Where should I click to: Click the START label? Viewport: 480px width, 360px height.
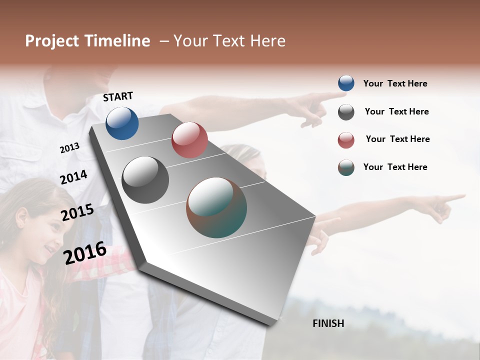(118, 96)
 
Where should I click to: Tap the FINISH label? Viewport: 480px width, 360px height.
(328, 323)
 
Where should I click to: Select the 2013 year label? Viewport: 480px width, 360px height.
(69, 148)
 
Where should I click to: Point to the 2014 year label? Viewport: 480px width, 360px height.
(73, 177)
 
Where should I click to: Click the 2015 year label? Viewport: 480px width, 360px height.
(77, 212)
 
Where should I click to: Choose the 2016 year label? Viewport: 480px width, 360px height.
(85, 253)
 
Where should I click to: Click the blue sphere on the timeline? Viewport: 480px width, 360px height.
(122, 123)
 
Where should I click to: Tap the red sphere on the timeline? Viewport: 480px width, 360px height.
(189, 140)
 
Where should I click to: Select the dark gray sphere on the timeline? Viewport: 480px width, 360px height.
(145, 180)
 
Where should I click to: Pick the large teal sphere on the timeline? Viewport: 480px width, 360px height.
(216, 207)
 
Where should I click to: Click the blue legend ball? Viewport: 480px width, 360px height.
(346, 83)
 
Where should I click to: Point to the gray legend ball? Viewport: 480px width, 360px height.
(346, 112)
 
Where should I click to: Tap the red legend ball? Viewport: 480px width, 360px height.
(346, 140)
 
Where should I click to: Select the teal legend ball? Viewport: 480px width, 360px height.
(346, 167)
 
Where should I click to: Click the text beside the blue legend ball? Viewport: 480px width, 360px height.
(395, 83)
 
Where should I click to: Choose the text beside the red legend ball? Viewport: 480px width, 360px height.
(397, 139)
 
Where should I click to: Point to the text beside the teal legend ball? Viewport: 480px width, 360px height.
(395, 167)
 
